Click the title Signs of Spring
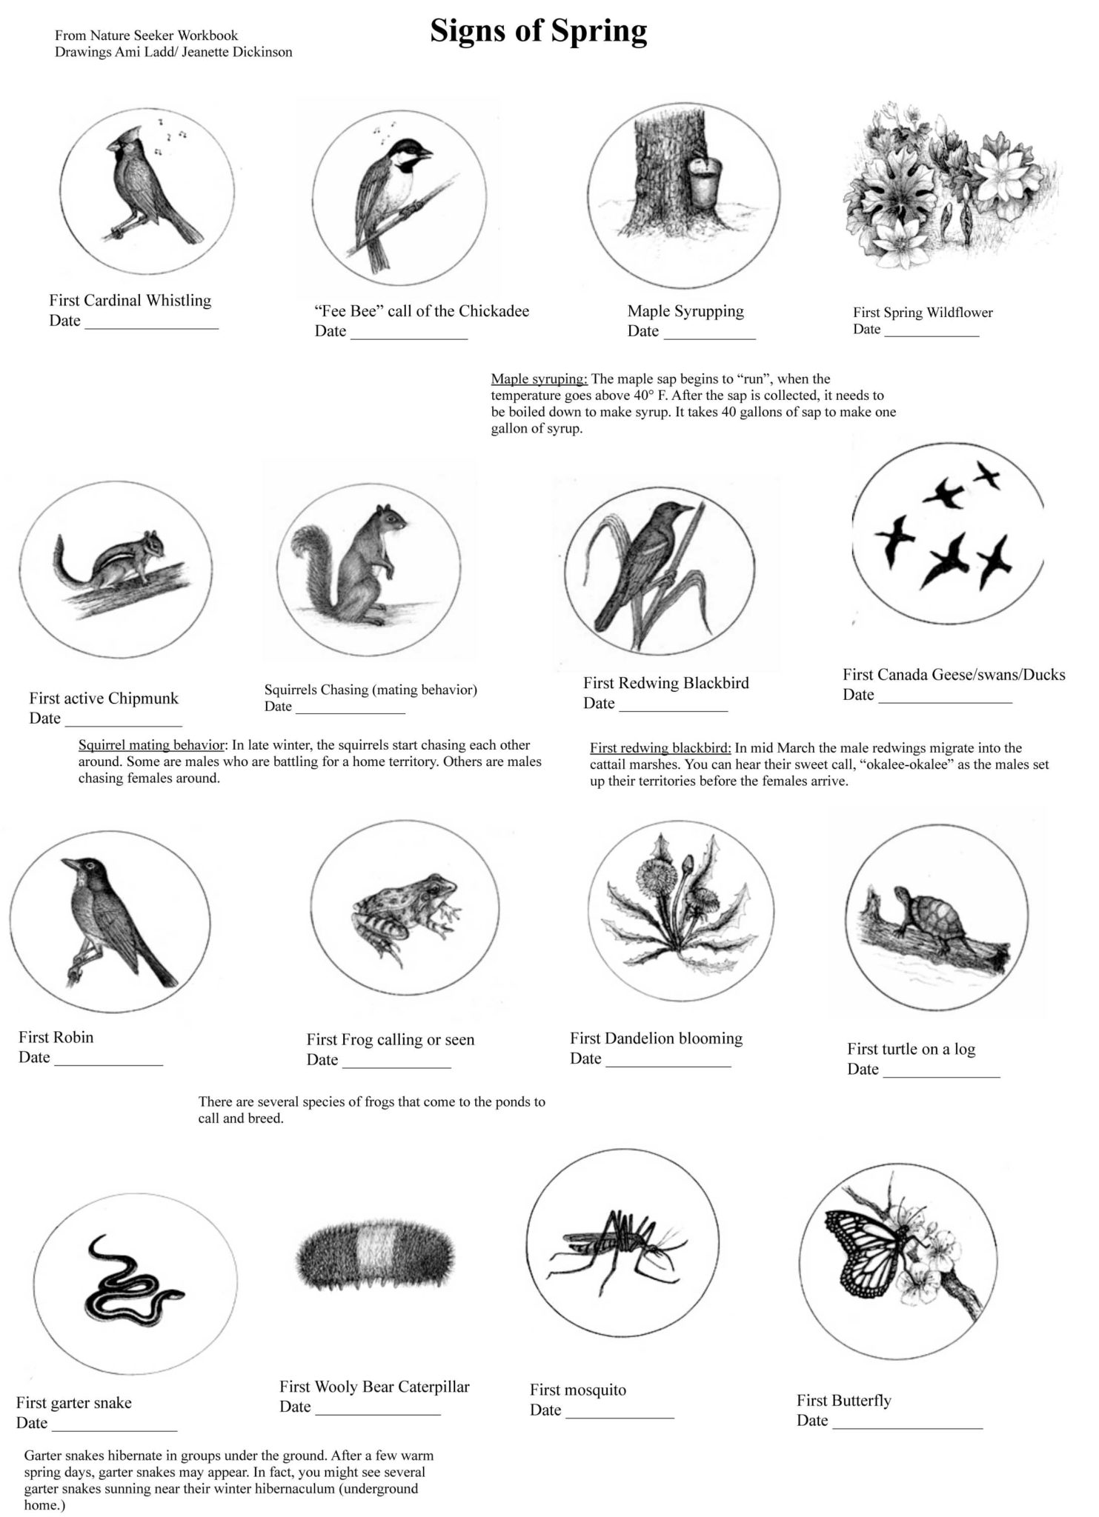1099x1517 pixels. tap(539, 32)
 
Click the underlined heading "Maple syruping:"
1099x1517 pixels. tap(539, 379)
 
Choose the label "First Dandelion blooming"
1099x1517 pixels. tap(656, 1038)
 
